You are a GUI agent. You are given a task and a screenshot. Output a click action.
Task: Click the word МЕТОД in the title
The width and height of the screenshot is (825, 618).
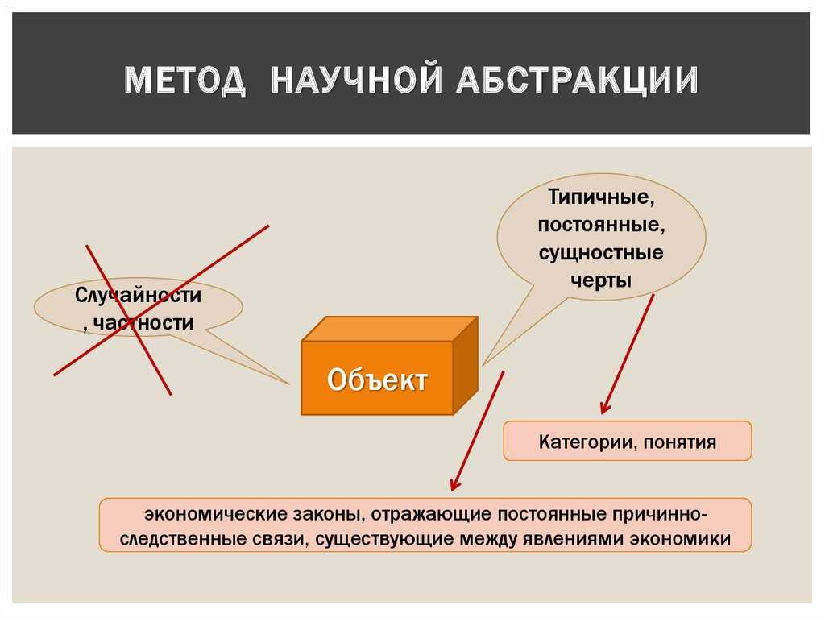pos(184,81)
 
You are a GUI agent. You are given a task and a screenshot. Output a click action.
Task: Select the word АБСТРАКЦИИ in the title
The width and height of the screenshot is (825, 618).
pos(578,81)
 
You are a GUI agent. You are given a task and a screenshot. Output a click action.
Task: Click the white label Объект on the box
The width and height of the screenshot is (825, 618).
pos(377,379)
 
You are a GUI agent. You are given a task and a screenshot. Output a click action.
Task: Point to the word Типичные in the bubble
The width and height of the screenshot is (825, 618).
pos(601,197)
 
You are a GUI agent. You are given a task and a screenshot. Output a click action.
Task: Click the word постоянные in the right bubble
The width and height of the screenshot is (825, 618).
pos(601,225)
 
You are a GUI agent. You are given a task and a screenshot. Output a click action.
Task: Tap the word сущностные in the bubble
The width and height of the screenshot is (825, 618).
pos(601,253)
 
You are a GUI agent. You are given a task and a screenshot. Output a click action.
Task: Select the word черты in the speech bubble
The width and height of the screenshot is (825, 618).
pos(601,280)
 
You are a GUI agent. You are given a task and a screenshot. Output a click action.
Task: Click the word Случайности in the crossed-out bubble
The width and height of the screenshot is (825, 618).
pos(139,296)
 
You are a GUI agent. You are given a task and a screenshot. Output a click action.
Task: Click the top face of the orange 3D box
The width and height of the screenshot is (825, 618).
pos(390,329)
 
